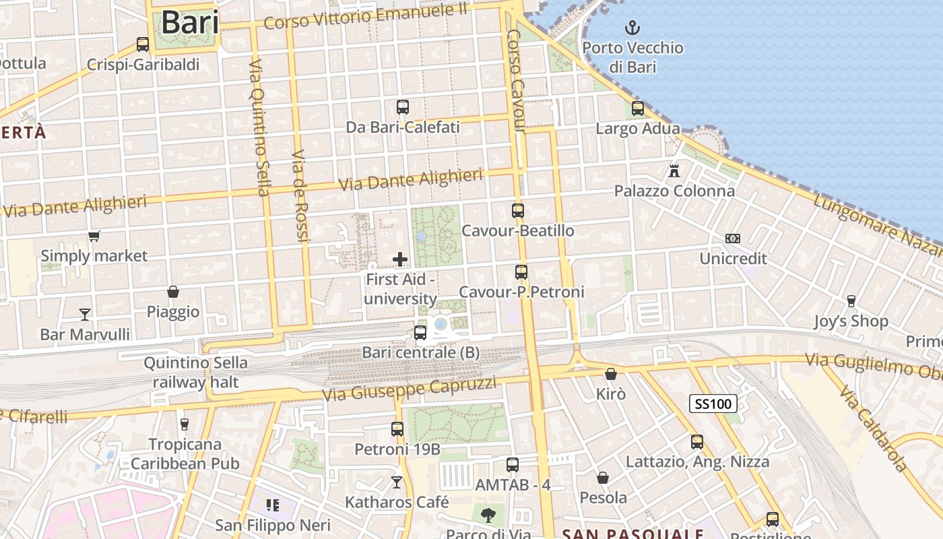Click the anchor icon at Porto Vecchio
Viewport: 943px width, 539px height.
(632, 28)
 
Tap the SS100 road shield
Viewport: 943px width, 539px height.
(713, 404)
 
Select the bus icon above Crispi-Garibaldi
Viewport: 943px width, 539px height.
(143, 44)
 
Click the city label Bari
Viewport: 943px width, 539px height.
(190, 22)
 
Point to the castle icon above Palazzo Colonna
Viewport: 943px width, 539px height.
(674, 170)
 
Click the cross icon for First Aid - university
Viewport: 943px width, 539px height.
(400, 259)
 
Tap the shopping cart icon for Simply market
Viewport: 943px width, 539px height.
(94, 236)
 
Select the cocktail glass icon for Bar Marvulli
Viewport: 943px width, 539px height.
(85, 314)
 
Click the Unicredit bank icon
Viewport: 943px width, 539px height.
(733, 239)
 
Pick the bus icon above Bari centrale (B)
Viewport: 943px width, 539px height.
(420, 332)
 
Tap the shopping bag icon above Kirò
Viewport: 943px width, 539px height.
(611, 374)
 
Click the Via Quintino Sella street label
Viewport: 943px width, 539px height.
(259, 128)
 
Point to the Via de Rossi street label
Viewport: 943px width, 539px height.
(300, 195)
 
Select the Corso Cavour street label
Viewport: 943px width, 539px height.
(516, 81)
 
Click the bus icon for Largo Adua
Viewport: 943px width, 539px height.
(638, 108)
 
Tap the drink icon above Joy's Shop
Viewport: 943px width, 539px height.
(851, 300)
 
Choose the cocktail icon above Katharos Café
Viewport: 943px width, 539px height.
(397, 482)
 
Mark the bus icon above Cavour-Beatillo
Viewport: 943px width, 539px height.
(518, 210)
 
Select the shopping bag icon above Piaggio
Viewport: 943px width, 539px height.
(173, 292)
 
